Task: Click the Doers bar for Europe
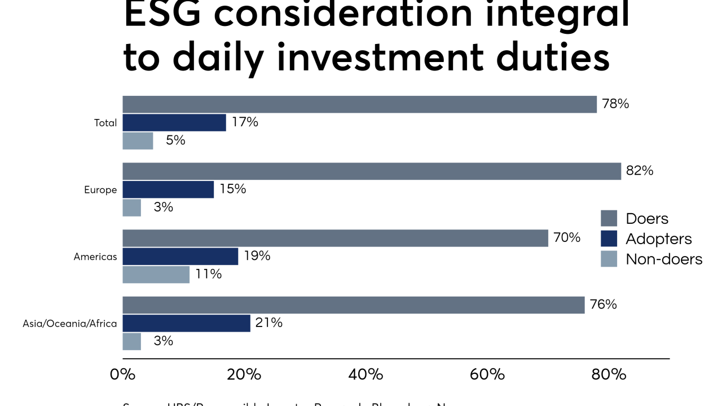click(x=372, y=171)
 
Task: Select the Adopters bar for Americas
click(x=180, y=257)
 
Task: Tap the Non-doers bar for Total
click(x=138, y=141)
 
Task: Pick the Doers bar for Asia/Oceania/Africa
click(x=354, y=305)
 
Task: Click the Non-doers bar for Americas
click(x=156, y=275)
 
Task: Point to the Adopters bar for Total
click(x=174, y=123)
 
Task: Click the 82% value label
click(x=640, y=171)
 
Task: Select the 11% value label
click(x=209, y=275)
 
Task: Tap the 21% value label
click(x=269, y=323)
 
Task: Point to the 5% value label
click(x=175, y=140)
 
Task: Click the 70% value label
click(x=567, y=237)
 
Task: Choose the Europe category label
click(x=100, y=190)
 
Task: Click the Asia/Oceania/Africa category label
click(x=70, y=324)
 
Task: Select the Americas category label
click(x=95, y=257)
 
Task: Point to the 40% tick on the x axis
click(x=366, y=374)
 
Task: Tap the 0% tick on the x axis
click(x=122, y=374)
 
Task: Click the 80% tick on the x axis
click(x=609, y=374)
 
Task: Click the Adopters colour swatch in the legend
click(x=609, y=239)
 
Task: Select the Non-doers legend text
click(x=664, y=259)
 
